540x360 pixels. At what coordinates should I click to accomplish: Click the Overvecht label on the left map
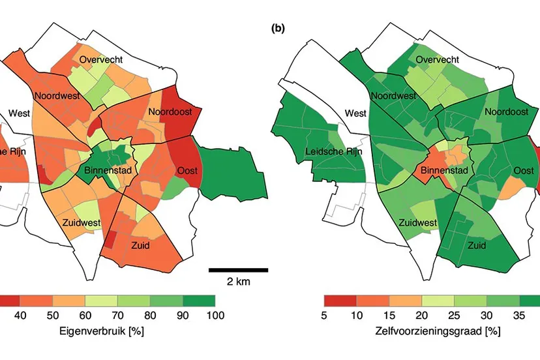point(102,60)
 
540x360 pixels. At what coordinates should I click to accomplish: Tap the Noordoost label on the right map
point(506,112)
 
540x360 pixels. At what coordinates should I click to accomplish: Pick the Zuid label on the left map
point(140,246)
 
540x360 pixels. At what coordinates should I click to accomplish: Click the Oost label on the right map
point(524,171)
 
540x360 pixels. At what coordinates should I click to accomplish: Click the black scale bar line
point(238,269)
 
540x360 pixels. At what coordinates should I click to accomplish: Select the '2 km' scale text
point(238,282)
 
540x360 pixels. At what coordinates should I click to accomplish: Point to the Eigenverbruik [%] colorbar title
point(108,331)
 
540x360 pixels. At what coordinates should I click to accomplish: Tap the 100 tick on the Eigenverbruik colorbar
point(215,316)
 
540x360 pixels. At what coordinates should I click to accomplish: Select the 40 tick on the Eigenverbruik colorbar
point(20,316)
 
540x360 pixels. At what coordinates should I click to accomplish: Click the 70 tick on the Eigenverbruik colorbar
point(117,316)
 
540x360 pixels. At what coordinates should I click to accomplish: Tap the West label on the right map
point(355,113)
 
